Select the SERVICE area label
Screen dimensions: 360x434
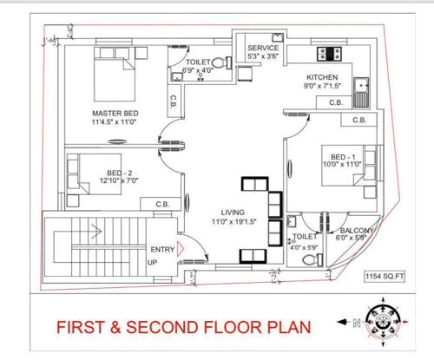point(262,48)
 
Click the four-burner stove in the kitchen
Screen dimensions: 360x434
point(330,53)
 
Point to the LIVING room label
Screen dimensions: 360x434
point(233,212)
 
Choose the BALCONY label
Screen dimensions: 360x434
point(356,230)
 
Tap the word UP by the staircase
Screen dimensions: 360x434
point(152,262)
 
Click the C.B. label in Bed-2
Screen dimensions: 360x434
point(162,204)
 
